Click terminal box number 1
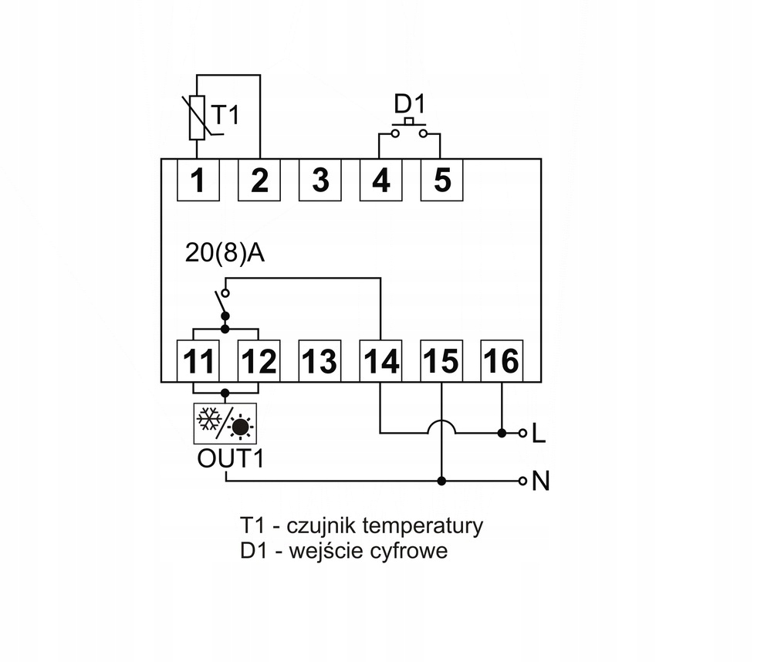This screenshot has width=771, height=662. [x=198, y=180]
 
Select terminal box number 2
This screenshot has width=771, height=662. [x=259, y=180]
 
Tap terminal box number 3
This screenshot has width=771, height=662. [x=320, y=180]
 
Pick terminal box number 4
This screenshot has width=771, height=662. [x=380, y=180]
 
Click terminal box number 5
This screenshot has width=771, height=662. [x=441, y=180]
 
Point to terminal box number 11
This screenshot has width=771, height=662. [x=198, y=360]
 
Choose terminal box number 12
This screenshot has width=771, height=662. [x=259, y=360]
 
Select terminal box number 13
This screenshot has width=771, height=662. [x=320, y=360]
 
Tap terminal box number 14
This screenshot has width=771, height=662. [x=380, y=360]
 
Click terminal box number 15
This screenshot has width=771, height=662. [x=441, y=360]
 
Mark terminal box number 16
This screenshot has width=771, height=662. [x=502, y=360]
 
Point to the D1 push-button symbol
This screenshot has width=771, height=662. [x=409, y=127]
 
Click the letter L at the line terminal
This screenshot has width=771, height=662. [x=539, y=434]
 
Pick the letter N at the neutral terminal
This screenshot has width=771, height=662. [x=541, y=482]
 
